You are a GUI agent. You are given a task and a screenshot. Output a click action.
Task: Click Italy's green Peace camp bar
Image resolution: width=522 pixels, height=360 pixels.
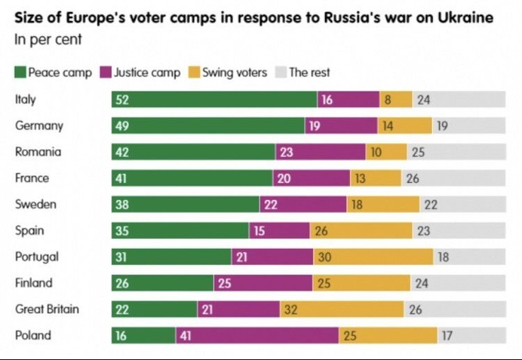click(x=215, y=99)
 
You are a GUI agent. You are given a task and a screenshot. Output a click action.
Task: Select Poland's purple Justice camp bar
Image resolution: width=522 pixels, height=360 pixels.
click(x=256, y=336)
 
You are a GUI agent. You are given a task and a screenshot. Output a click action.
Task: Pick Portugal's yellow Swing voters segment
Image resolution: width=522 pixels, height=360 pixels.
click(x=374, y=257)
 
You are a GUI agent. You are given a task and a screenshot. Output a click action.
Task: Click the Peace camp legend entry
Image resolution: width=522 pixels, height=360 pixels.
click(x=53, y=73)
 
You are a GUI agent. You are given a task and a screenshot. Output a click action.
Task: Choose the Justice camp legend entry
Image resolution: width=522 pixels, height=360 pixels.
click(x=141, y=73)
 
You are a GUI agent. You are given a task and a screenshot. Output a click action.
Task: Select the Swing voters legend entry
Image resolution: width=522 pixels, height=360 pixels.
click(x=227, y=73)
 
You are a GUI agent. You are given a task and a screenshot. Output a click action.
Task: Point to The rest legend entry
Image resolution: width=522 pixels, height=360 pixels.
click(x=302, y=73)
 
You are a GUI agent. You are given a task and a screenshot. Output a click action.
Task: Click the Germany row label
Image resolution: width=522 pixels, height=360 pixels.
click(x=39, y=126)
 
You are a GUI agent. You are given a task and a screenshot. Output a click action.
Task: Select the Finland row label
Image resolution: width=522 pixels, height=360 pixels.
click(x=34, y=283)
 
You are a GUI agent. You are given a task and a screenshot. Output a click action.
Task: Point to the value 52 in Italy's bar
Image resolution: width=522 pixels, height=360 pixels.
click(x=122, y=99)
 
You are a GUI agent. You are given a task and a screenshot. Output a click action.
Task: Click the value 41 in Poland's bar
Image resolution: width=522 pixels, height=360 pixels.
click(x=186, y=336)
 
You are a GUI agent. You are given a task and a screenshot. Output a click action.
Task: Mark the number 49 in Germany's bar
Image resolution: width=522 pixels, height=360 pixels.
click(x=122, y=126)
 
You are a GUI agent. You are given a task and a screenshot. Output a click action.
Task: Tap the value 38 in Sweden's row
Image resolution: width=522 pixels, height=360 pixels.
click(x=122, y=205)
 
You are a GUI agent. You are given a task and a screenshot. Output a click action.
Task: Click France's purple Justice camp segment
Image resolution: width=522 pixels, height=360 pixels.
click(x=311, y=178)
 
